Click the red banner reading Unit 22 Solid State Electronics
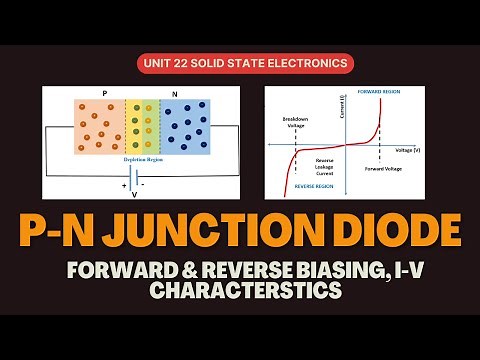239,63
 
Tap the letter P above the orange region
105,93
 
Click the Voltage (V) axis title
408,149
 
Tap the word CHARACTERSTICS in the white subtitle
240,291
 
